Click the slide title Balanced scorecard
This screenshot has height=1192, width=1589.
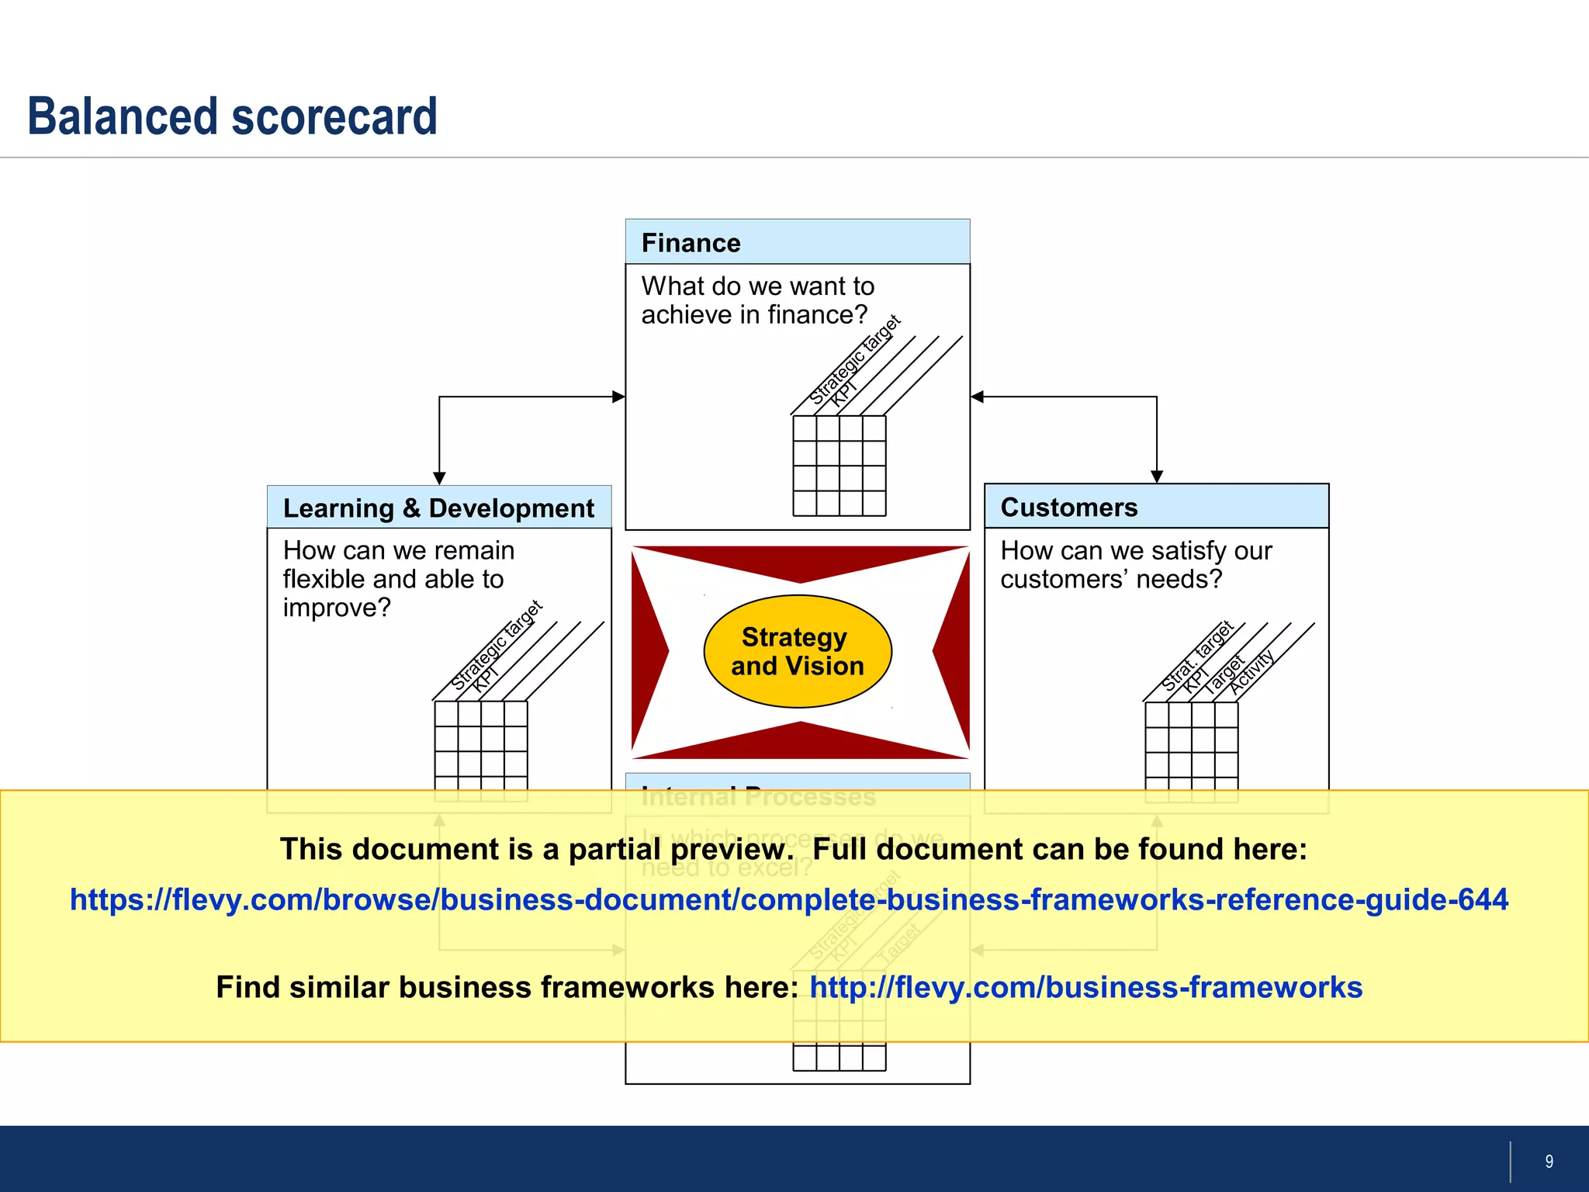pos(233,116)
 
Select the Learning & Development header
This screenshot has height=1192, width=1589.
pos(438,508)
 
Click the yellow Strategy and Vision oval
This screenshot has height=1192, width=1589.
pos(797,651)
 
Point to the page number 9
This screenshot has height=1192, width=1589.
pos(1549,1161)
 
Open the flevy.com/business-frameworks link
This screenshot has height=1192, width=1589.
pos(1085,987)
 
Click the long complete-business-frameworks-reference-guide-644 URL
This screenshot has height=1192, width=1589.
pos(788,899)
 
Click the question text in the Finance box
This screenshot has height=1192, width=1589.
pos(757,300)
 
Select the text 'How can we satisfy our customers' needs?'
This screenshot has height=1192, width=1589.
pos(1135,565)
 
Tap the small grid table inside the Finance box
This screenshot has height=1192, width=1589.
pos(839,466)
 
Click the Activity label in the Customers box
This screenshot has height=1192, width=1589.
pos(1251,672)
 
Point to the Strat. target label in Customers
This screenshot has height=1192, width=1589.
pos(1197,656)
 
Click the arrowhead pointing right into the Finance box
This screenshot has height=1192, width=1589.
pos(618,397)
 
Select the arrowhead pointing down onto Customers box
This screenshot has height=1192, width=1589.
pos(1156,476)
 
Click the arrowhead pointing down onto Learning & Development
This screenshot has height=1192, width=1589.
pos(439,478)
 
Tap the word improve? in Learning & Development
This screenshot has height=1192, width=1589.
pos(337,608)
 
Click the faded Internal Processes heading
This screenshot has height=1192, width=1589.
pos(758,797)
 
